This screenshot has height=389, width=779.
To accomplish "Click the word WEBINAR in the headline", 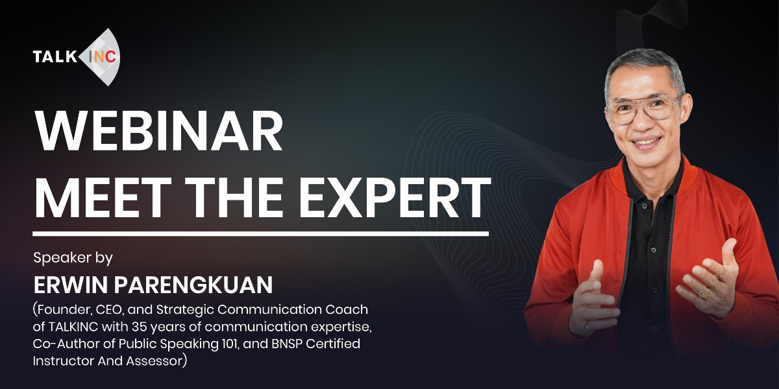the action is (158, 131).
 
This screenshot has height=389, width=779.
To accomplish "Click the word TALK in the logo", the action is (55, 56).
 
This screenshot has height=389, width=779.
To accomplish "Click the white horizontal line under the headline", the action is (260, 234).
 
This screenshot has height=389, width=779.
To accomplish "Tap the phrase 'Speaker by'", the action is (73, 258).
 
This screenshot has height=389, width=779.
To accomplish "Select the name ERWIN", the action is (71, 285).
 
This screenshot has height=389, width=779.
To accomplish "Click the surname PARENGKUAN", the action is (193, 285).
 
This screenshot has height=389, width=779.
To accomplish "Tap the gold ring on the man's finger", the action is (704, 292).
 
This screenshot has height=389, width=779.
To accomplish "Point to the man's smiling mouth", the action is (646, 143).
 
